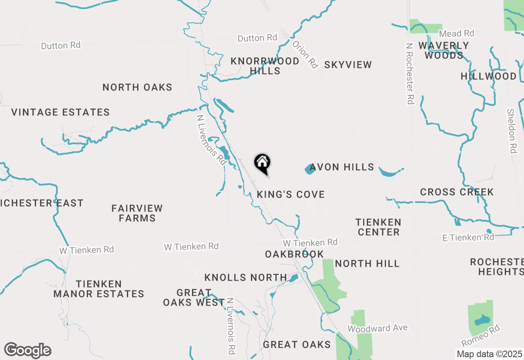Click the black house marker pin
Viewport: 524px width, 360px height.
coord(262,163)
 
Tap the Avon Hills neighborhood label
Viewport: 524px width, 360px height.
coord(342,167)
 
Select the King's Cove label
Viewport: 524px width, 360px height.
coord(291,194)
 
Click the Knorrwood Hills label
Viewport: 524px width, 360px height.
coord(265,66)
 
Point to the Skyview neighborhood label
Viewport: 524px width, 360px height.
coord(348,65)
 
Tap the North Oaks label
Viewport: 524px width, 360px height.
coord(137,87)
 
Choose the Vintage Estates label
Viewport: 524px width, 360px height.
coord(61,112)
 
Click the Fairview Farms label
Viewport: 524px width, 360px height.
coord(137,213)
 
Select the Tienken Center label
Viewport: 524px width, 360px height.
coord(378,227)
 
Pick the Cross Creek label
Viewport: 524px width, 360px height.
coord(457,192)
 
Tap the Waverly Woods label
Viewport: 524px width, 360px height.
coord(444,50)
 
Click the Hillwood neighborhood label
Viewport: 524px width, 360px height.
coord(488,76)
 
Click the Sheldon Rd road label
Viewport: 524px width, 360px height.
coord(512,131)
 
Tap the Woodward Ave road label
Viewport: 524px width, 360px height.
coord(377,328)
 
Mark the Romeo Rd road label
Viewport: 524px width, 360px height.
coord(481,335)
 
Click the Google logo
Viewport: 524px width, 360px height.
coord(27,351)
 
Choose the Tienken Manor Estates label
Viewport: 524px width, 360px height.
coord(99,289)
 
